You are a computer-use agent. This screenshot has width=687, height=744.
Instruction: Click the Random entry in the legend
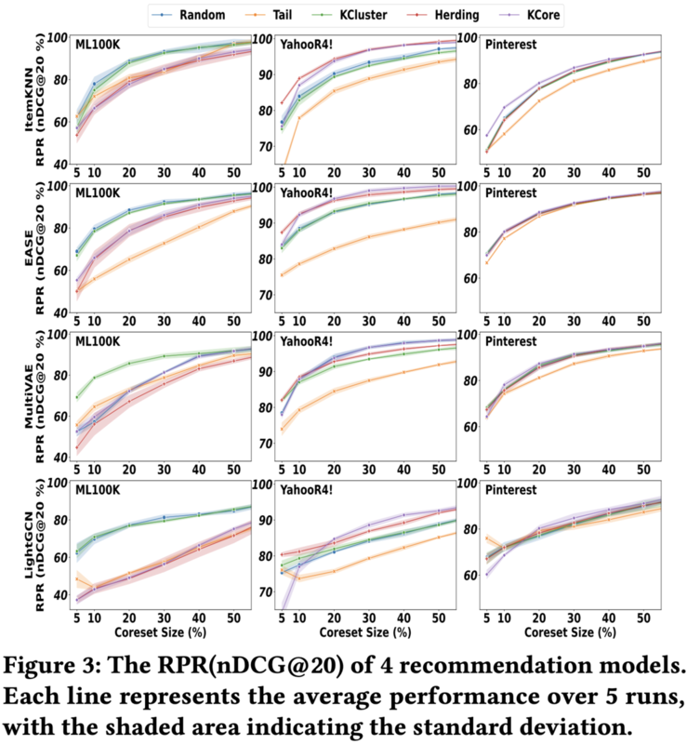196,15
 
